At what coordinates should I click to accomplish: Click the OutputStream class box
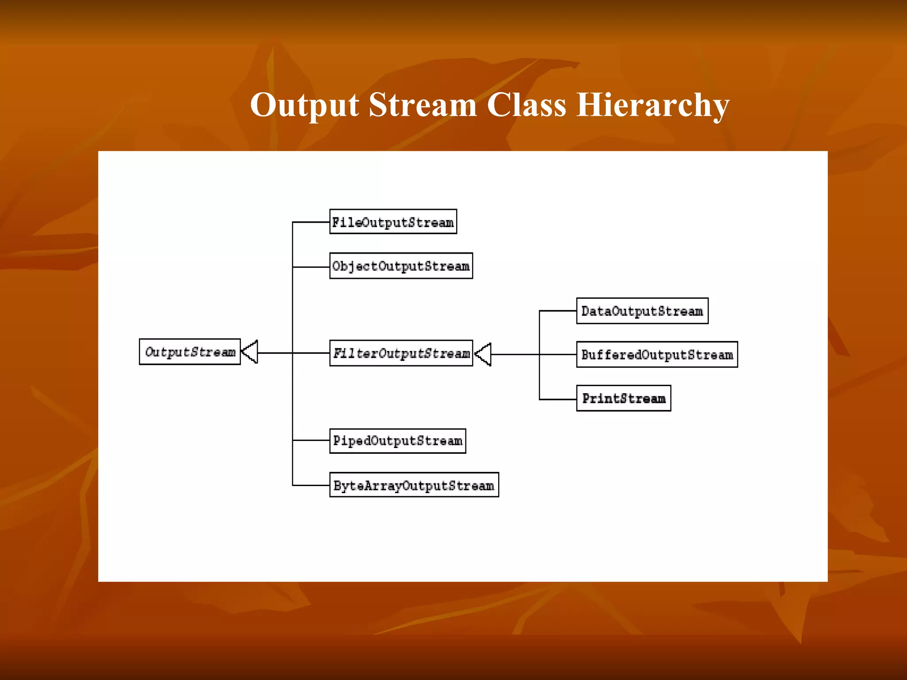click(190, 352)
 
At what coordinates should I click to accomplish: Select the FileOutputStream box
click(393, 222)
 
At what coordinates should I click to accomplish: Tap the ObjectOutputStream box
click(401, 266)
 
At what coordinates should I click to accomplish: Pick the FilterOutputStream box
click(401, 353)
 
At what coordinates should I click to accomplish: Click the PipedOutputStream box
click(397, 441)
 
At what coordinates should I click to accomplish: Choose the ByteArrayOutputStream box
click(414, 485)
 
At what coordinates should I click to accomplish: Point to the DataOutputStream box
click(642, 311)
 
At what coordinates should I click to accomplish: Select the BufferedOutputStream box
click(656, 355)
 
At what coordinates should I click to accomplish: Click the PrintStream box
click(623, 398)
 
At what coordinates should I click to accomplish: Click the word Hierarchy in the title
click(652, 105)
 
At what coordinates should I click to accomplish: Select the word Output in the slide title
click(304, 105)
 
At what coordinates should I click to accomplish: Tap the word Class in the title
click(526, 105)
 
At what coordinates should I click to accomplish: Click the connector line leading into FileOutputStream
click(311, 222)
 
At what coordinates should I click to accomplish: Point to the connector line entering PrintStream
click(558, 399)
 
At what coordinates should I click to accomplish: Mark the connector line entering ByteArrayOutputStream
click(311, 485)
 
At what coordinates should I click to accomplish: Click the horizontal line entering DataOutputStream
click(558, 311)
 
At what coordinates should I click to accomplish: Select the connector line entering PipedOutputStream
click(311, 440)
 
